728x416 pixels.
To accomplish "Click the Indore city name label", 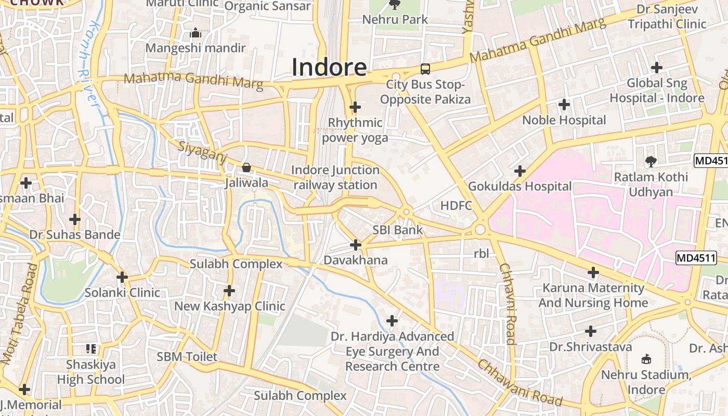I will coord(329,68).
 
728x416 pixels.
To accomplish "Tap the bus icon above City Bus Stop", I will coord(425,69).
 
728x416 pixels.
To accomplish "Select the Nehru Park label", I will coord(395,20).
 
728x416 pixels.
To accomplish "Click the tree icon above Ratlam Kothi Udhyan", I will coord(651,161).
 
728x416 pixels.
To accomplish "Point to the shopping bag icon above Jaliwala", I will coord(246,167).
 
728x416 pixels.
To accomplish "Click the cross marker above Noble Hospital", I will coord(564,105).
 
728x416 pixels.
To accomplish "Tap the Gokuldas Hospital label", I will coord(519,186).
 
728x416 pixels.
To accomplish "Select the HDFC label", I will coord(456,205).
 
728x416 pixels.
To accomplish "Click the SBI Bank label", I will coord(397,230).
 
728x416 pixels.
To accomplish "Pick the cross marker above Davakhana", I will coord(356,244).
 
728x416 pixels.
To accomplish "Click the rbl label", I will coord(482,254).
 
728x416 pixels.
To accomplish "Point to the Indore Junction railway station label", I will coord(335,177).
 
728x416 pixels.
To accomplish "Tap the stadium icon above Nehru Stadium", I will coord(646,359).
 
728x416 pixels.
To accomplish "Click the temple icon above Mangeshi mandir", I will coord(196,33).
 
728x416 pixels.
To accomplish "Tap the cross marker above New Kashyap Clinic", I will coord(229,290).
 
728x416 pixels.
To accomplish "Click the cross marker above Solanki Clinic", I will coord(122,277).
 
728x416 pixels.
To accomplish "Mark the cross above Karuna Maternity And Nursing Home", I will coord(593,272).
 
